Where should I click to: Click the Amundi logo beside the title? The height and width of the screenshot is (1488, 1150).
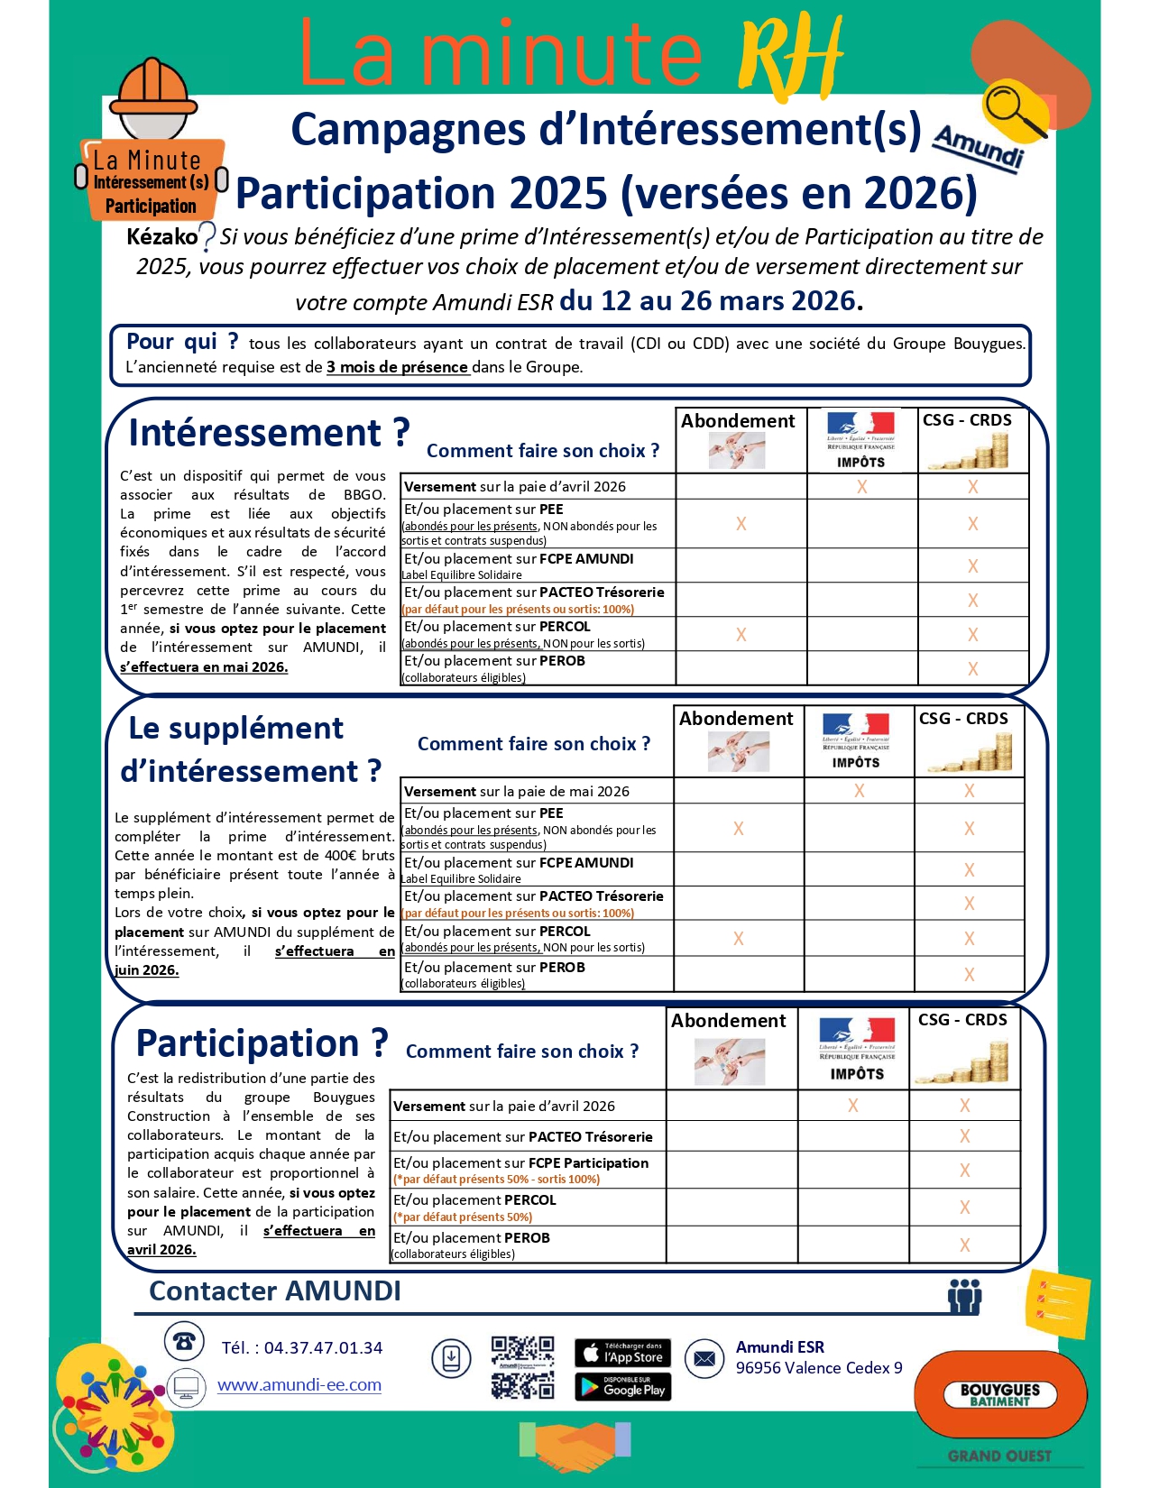click(979, 147)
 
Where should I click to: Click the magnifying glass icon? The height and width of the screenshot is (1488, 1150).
click(1014, 110)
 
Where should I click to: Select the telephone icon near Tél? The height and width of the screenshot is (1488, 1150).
click(184, 1341)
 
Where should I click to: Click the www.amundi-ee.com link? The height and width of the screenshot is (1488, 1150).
click(299, 1385)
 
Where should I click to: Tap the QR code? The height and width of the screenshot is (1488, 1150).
click(522, 1367)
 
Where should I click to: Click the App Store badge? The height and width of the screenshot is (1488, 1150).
click(622, 1352)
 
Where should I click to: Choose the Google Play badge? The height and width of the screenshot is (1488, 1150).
click(622, 1387)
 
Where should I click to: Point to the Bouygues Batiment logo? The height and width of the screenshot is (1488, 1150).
click(999, 1394)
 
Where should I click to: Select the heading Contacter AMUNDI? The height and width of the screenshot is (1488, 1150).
click(275, 1291)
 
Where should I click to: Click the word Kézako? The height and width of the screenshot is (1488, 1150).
click(161, 237)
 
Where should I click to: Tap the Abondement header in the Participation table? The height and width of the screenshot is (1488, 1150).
click(729, 1021)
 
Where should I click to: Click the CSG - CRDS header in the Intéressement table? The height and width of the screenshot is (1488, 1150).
click(967, 420)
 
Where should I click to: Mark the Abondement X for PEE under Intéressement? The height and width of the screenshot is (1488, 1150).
click(741, 524)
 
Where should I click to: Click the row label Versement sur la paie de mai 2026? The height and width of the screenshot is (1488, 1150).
click(517, 792)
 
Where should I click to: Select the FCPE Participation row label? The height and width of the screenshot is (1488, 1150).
click(521, 1163)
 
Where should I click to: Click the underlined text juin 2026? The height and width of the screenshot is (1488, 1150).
click(147, 970)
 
